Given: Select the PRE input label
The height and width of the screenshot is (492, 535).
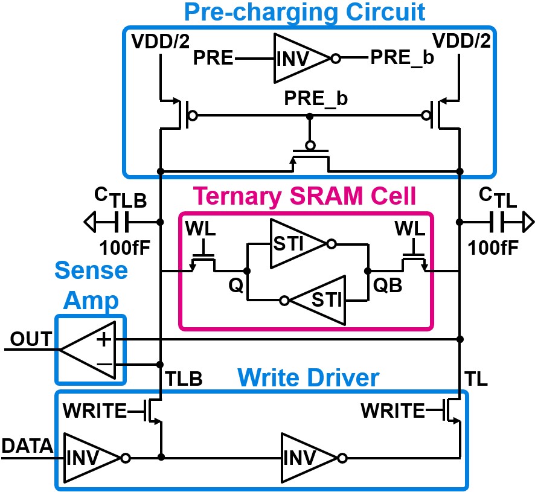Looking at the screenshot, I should (x=214, y=59).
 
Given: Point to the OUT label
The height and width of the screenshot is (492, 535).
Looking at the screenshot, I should (x=30, y=340).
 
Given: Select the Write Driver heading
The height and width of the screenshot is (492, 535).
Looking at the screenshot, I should (x=309, y=378).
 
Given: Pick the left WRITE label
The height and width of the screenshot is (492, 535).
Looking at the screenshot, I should (x=94, y=411).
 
